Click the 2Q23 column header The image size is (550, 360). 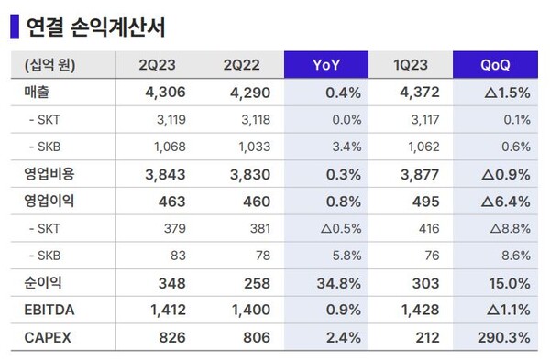point(158,66)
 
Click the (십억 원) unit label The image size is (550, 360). point(46,66)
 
